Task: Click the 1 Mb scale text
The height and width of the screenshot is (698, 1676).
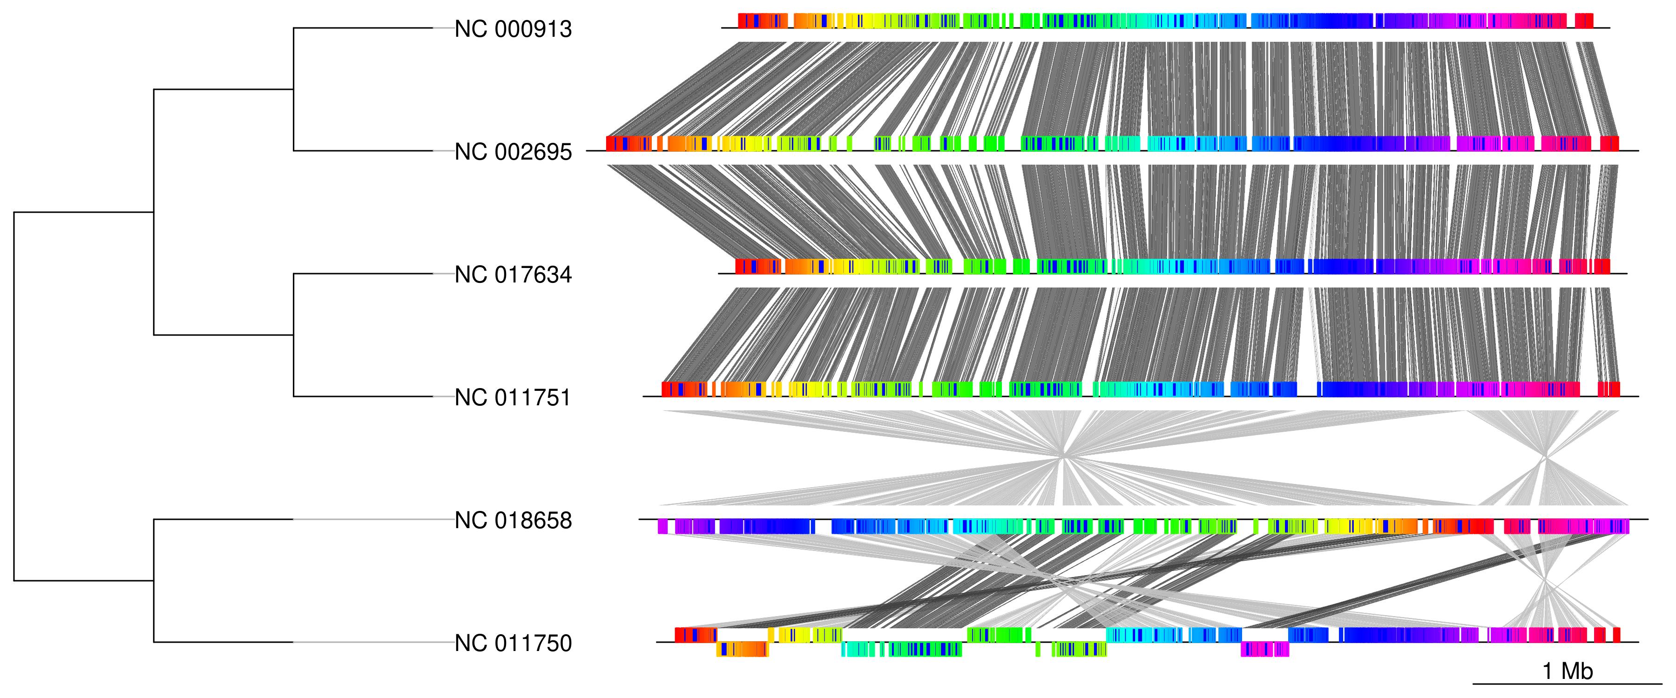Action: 1568,671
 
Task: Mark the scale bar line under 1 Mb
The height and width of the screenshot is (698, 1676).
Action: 1568,684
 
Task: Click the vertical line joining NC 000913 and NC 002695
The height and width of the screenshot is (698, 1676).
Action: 293,90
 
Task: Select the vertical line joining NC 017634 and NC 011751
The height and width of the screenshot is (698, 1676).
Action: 293,335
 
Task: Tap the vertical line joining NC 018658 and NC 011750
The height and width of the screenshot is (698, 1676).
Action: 154,581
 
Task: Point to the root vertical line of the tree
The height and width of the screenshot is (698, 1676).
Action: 14,396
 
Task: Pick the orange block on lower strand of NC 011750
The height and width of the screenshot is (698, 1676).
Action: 742,649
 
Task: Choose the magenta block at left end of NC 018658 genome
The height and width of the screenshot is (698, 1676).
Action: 662,526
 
